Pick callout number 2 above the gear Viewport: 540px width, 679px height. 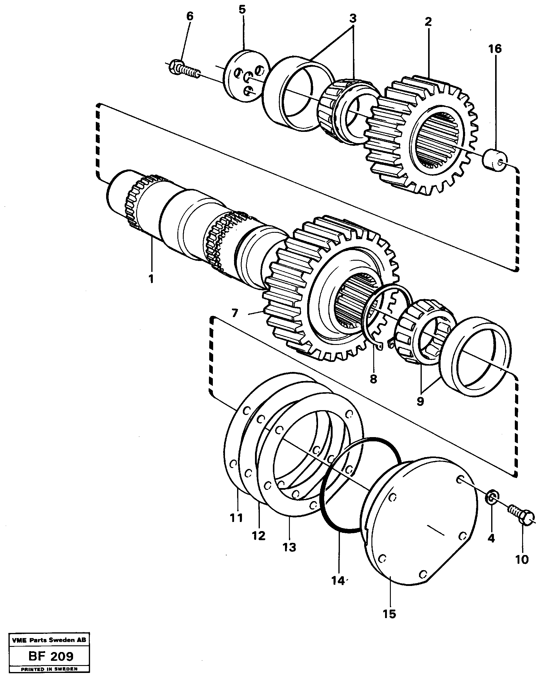(428, 22)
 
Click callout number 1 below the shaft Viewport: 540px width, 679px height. (151, 279)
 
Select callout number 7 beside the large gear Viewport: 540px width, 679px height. (234, 313)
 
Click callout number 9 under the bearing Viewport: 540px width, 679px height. (420, 401)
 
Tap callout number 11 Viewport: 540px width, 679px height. (236, 518)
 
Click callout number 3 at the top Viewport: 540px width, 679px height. (353, 19)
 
